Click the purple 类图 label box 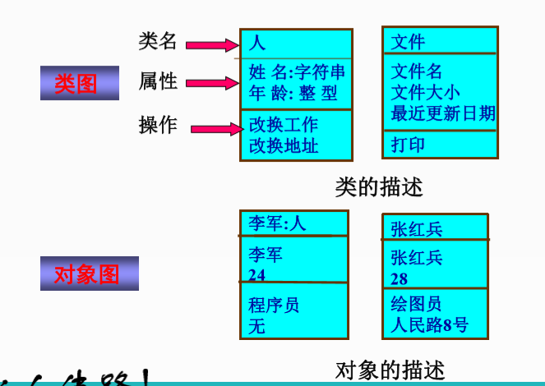pyautogui.click(x=75, y=83)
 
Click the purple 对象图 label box pyautogui.click(x=89, y=273)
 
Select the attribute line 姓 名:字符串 pyautogui.click(x=297, y=72)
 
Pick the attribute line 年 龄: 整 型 pyautogui.click(x=293, y=94)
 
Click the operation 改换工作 pyautogui.click(x=284, y=126)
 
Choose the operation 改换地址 pyautogui.click(x=284, y=147)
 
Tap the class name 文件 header pyautogui.click(x=409, y=41)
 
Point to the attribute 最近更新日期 pyautogui.click(x=443, y=113)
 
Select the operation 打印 pyautogui.click(x=409, y=145)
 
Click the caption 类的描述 pyautogui.click(x=378, y=187)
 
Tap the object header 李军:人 pyautogui.click(x=277, y=223)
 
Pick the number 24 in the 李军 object pyautogui.click(x=257, y=274)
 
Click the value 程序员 pyautogui.click(x=274, y=306)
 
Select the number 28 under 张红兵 pyautogui.click(x=400, y=278)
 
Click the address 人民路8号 pyautogui.click(x=430, y=325)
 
